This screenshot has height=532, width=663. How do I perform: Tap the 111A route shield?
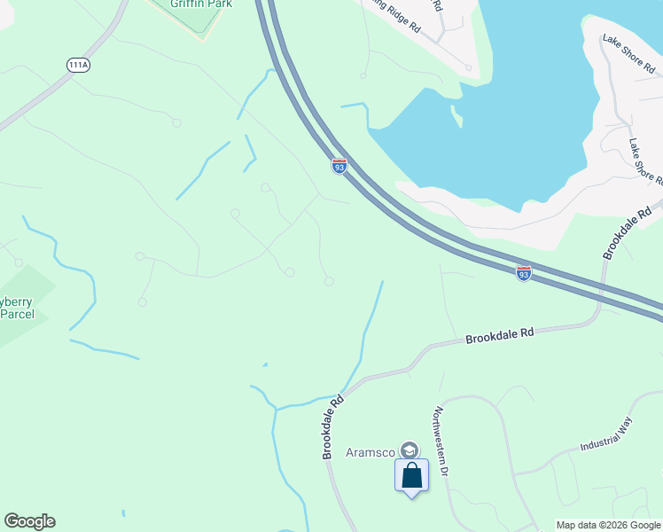tap(77, 65)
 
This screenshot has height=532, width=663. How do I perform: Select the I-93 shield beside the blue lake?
tap(339, 165)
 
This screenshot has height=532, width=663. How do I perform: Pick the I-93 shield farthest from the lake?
tap(524, 274)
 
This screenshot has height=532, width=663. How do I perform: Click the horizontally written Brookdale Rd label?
tap(500, 335)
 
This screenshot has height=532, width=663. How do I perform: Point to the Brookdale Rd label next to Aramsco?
tap(332, 426)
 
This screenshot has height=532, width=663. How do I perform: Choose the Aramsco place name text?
tap(370, 452)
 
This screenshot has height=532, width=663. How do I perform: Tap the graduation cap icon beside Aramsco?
tap(409, 450)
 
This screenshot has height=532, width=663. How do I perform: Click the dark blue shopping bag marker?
tap(412, 475)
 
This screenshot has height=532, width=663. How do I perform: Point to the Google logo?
tap(29, 521)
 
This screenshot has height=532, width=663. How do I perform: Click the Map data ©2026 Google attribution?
tap(608, 525)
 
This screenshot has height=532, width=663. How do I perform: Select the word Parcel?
tap(18, 316)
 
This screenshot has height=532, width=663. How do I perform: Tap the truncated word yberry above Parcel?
tap(17, 301)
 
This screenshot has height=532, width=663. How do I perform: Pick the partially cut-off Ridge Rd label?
tap(394, 15)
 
